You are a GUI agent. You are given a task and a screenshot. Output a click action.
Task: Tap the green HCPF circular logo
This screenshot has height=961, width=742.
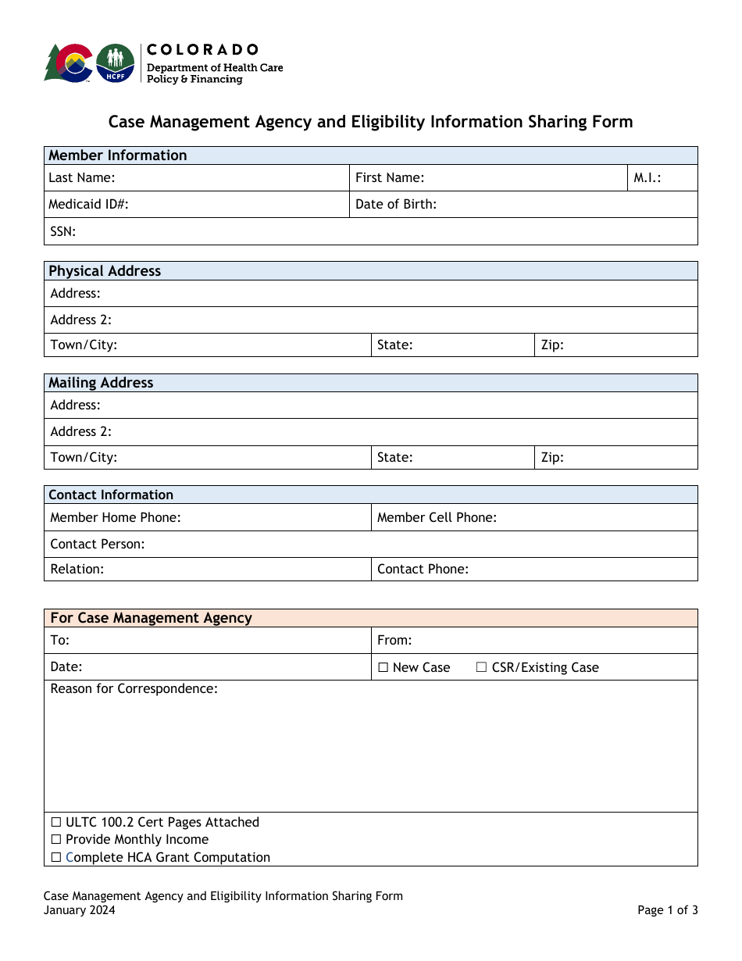(115, 63)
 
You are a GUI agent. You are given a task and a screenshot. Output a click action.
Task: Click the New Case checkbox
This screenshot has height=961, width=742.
(383, 667)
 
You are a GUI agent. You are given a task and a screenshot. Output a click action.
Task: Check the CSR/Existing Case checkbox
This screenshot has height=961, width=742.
(482, 667)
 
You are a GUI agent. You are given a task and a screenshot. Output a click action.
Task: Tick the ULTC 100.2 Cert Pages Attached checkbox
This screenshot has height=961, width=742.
(56, 822)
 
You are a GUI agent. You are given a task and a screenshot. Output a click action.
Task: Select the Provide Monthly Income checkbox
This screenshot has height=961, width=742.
(56, 839)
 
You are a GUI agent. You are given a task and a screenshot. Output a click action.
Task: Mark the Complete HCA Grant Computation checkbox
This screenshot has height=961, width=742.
(56, 857)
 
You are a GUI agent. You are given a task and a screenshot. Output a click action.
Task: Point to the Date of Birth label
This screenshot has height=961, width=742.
(396, 204)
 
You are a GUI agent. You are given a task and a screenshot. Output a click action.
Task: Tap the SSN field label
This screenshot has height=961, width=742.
(62, 231)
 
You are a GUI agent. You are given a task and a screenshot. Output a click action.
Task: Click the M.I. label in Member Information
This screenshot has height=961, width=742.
(647, 177)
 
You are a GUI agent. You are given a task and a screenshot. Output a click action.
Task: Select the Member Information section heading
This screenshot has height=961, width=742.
(118, 155)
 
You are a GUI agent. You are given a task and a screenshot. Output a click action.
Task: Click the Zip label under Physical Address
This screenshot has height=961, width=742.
(552, 345)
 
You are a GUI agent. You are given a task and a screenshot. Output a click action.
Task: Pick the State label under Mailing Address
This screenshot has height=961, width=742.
(394, 457)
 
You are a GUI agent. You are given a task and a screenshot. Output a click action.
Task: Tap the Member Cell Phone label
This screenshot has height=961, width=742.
(437, 517)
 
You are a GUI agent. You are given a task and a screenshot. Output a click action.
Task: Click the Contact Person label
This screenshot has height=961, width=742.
(98, 544)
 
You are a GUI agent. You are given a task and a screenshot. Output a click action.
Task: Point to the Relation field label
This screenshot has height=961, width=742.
(77, 569)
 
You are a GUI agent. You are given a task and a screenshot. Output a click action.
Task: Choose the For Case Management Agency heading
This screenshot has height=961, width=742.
(151, 618)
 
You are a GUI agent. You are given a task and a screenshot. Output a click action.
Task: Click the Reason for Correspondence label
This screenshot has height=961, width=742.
(134, 688)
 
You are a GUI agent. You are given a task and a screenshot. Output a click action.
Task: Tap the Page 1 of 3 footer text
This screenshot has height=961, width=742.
(667, 909)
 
